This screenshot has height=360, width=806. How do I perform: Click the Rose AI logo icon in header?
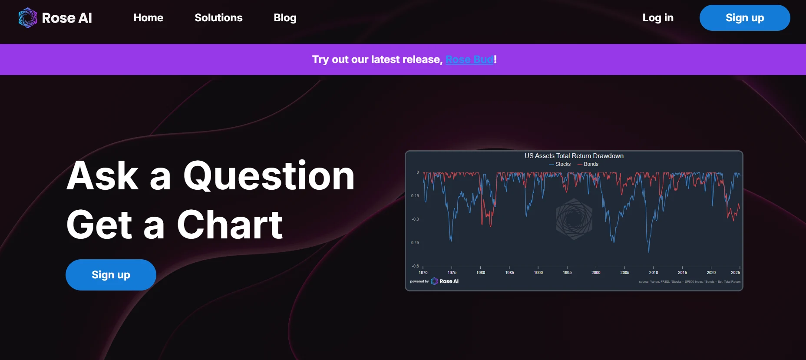[28, 18]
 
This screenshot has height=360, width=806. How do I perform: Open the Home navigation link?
[148, 18]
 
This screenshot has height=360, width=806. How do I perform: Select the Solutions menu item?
[218, 18]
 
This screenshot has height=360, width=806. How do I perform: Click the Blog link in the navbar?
[285, 18]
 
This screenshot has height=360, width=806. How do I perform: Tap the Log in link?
[657, 18]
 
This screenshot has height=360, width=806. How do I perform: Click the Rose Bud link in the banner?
[469, 59]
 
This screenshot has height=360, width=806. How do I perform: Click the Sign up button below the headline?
[111, 275]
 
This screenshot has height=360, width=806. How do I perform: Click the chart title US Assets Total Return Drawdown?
[574, 156]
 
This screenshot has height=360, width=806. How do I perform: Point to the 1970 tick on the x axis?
[423, 272]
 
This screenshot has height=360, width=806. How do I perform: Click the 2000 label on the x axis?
[596, 272]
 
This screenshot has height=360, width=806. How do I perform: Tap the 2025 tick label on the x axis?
[735, 272]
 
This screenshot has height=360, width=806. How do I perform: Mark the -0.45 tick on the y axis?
[415, 243]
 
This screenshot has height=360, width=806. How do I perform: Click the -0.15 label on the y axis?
[415, 196]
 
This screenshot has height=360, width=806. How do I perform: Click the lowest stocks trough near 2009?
[649, 251]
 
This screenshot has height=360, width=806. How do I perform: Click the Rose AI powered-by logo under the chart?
[445, 281]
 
